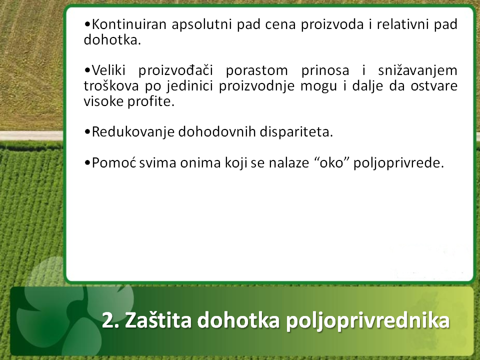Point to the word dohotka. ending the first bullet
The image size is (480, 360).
click(112, 40)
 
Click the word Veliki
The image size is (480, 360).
click(108, 70)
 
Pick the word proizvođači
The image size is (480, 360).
click(175, 70)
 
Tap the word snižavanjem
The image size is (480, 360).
click(417, 70)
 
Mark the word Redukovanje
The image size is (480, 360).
click(133, 132)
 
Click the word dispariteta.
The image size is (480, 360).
click(296, 132)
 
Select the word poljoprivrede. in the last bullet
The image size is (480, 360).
click(399, 163)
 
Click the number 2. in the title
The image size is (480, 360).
click(110, 320)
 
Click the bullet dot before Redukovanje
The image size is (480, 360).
click(87, 132)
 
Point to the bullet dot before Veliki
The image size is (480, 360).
click(87, 71)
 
